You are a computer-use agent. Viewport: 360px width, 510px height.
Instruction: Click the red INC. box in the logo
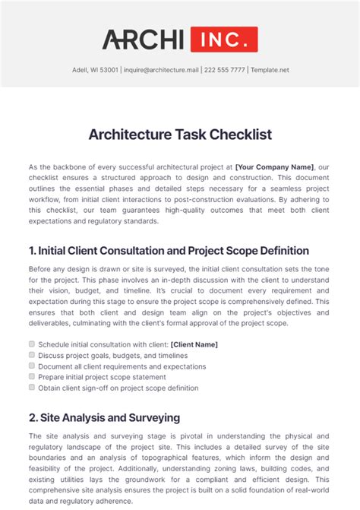click(223, 40)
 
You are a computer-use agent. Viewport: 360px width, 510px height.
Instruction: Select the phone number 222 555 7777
click(225, 70)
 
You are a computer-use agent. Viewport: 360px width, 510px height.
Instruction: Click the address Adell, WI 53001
click(89, 70)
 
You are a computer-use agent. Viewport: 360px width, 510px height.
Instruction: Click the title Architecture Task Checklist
click(180, 135)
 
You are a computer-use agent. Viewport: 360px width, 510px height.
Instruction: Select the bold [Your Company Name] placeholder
click(274, 166)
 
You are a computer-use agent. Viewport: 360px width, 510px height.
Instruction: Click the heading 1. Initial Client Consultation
click(169, 250)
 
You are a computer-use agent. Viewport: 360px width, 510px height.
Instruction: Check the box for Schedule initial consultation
click(32, 344)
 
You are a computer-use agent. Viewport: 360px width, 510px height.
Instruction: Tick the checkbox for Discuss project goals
click(32, 354)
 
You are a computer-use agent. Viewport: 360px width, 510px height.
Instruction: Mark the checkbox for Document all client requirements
click(32, 365)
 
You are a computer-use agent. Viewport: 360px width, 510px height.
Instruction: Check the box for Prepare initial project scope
click(32, 375)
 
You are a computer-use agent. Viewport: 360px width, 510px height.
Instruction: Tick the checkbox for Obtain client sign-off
click(32, 386)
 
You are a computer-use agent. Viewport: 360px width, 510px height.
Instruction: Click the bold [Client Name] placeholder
click(194, 344)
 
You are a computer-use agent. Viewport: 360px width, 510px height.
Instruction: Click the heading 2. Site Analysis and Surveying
click(104, 417)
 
